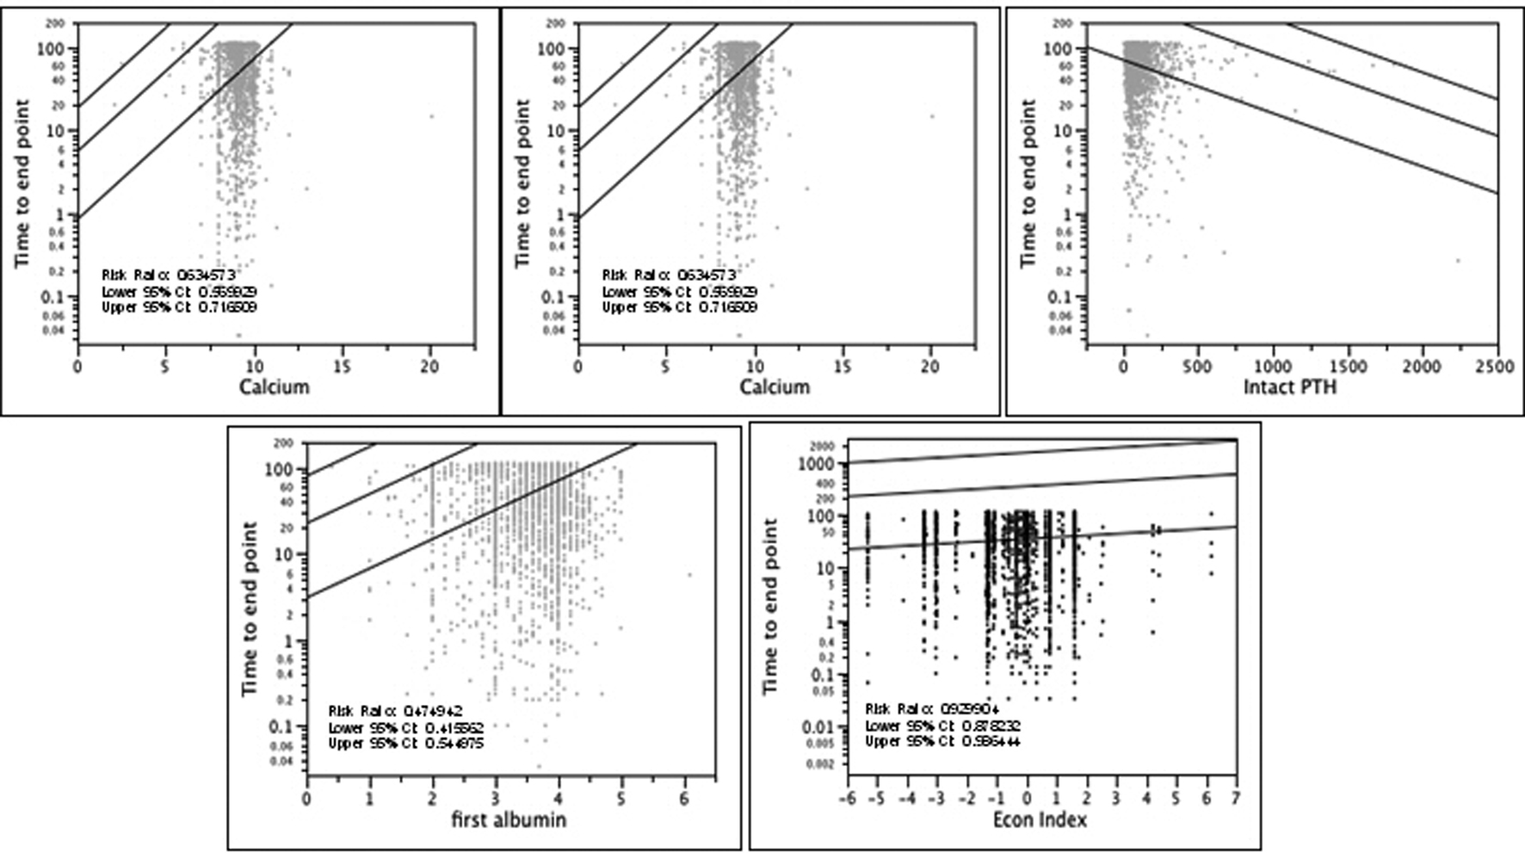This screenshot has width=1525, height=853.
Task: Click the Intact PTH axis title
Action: click(x=1289, y=387)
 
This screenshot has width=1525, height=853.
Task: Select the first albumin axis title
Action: click(x=509, y=819)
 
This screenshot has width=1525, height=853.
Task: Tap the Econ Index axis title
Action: click(x=1040, y=819)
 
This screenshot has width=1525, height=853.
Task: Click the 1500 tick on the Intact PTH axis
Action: click(x=1347, y=367)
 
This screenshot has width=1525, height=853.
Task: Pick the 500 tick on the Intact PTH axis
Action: click(x=1197, y=367)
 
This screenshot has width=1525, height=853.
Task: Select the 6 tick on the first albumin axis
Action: click(x=684, y=798)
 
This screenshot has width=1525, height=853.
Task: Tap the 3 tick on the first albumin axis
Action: click(x=496, y=798)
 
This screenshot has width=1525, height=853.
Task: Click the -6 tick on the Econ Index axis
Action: click(x=848, y=798)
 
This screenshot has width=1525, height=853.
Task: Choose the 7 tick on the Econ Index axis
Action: click(x=1236, y=798)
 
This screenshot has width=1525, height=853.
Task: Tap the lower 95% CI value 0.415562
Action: click(x=454, y=727)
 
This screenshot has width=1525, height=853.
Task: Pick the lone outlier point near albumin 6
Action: click(x=689, y=575)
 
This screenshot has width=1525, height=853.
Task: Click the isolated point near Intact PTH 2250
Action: click(x=1458, y=260)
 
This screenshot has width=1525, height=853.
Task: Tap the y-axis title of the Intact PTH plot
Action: click(x=1028, y=182)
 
